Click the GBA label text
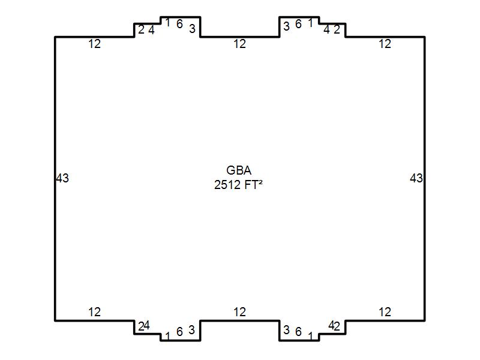pos(239,170)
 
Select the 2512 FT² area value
pos(239,185)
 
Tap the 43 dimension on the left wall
pos(62,178)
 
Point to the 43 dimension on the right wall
pos(416,178)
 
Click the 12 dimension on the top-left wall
pos(94,44)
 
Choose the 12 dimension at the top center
pos(239,44)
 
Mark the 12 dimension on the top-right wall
pos(385,44)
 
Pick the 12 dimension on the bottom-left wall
pos(94,312)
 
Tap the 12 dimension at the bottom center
pos(239,312)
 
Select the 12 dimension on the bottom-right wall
pos(385,312)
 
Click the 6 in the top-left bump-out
pos(179,25)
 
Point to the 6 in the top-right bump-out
pos(298,25)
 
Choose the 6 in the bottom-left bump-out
pos(179,332)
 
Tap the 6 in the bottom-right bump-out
pos(298,332)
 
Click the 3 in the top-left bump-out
pos(192,29)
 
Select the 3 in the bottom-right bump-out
pos(286,330)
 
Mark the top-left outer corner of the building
pos(55,37)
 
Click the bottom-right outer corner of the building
pos(425,320)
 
